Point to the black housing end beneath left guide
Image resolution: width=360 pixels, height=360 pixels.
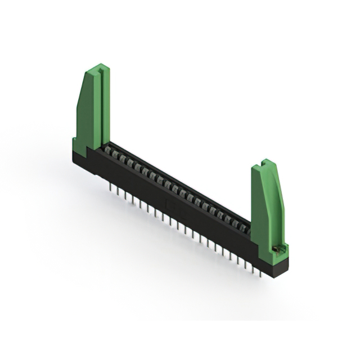tap(82, 160)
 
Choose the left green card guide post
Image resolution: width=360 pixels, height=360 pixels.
tap(93, 112)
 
